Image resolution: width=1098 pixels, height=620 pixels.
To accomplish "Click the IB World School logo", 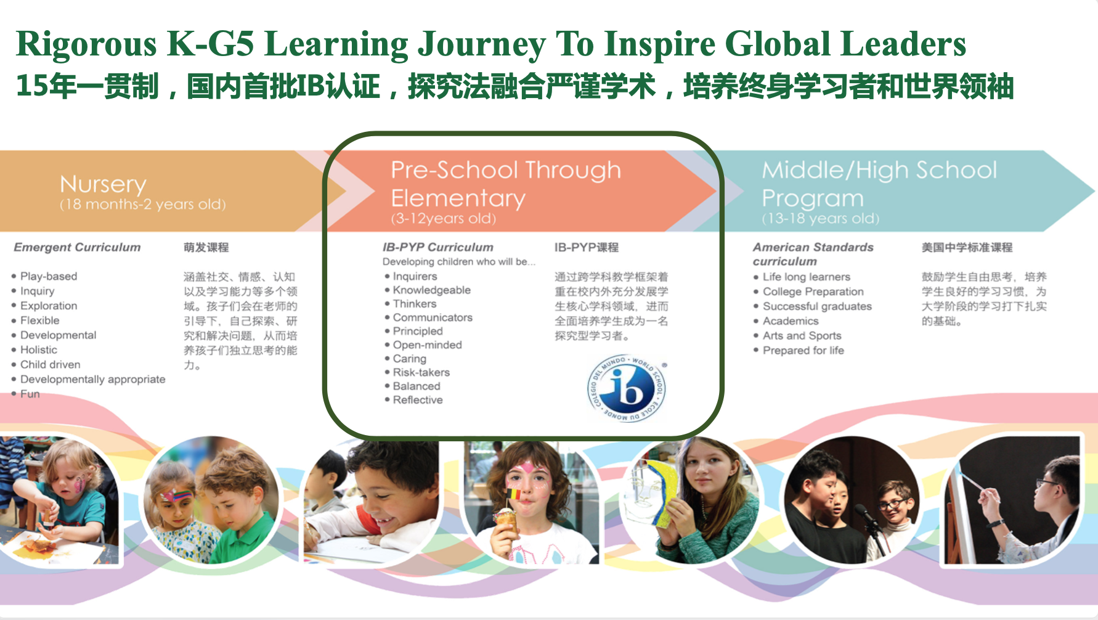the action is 627,390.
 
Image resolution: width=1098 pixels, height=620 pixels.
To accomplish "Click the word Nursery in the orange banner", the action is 103,184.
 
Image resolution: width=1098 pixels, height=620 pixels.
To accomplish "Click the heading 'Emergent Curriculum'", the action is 77,247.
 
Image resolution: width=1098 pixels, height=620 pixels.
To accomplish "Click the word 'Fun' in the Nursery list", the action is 30,394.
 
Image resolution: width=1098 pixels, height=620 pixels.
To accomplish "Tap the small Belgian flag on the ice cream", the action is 513,494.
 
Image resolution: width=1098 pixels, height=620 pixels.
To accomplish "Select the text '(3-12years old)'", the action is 444,218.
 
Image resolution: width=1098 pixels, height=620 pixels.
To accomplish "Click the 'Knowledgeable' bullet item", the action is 432,290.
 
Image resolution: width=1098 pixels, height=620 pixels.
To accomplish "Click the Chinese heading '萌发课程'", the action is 206,247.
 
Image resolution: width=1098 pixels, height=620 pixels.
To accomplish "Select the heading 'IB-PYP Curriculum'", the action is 438,247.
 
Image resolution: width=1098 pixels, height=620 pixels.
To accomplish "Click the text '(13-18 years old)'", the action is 821,218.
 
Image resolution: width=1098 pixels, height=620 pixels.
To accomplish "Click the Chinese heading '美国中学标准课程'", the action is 967,247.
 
